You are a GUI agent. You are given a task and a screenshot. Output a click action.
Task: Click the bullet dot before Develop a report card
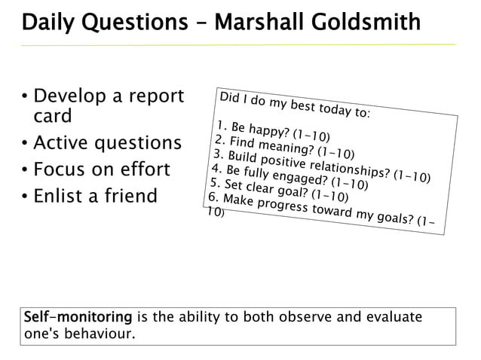[x=25, y=98]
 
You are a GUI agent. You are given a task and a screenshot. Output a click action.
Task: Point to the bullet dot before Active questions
[x=25, y=144]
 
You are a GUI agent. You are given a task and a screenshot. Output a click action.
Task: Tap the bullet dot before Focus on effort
[x=25, y=170]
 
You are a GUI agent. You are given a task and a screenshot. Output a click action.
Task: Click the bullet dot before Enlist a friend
[x=25, y=197]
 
